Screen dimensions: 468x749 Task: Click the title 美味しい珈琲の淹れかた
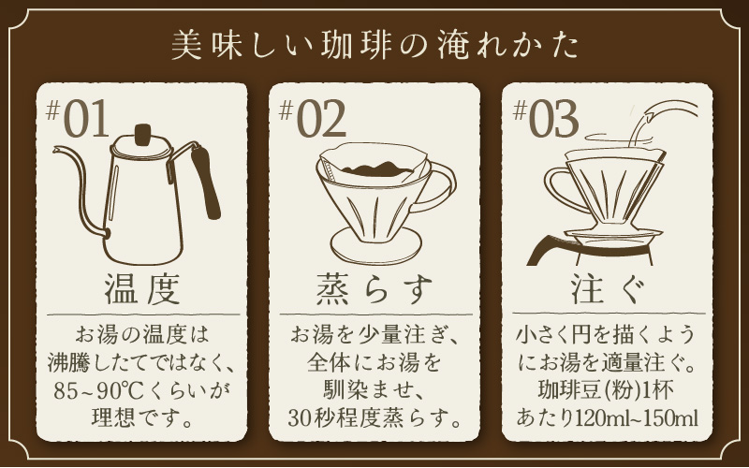click(374, 45)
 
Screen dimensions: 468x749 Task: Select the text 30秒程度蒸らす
click(375, 415)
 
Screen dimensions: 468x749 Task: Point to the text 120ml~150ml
click(641, 415)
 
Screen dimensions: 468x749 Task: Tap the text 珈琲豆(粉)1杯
click(609, 388)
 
